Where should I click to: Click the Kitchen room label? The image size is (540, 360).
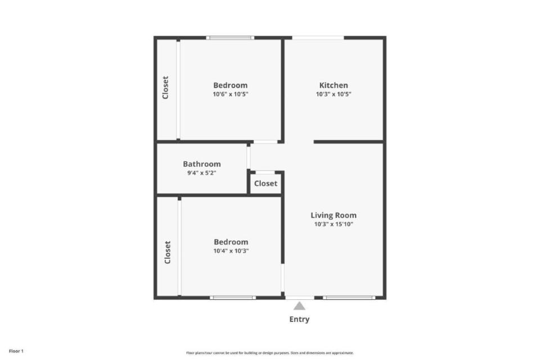pos(334,85)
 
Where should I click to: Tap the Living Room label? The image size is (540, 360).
pos(334,215)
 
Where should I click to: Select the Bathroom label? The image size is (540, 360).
pos(202,164)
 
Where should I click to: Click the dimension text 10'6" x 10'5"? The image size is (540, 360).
pos(231,94)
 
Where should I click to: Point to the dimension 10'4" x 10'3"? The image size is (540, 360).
pos(231,251)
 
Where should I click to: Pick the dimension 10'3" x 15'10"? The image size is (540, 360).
pos(334,224)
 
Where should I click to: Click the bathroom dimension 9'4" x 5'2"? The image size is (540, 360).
pos(202,173)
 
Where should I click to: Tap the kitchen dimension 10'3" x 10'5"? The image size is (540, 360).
pos(334,94)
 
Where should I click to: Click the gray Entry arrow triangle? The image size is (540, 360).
pos(299,306)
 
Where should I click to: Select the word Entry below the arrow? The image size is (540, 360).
pos(299,319)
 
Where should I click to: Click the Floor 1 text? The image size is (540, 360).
pos(16,352)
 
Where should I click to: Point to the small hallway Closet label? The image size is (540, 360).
pos(265,183)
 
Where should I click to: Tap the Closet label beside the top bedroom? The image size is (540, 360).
pos(165,88)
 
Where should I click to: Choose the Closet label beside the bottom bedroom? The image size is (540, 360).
pos(168,252)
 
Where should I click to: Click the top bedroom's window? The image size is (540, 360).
pos(230,38)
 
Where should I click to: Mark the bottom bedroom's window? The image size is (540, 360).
pos(233,298)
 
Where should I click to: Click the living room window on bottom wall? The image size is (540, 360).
pos(349,298)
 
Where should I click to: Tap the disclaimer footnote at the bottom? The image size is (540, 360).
pos(269,353)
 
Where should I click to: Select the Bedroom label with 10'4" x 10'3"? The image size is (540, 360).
pos(231,242)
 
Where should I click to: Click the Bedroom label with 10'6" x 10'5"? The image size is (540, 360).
pos(231,85)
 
